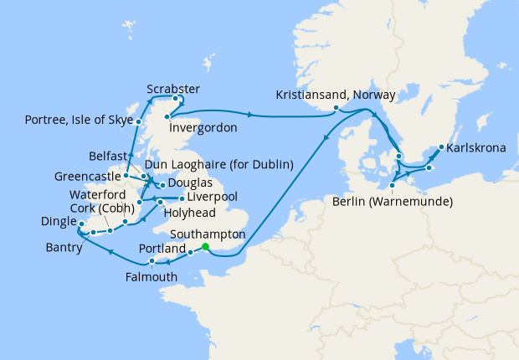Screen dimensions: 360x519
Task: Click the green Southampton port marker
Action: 205,246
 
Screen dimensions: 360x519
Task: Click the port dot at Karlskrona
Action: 440,151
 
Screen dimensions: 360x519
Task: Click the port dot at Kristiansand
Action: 336,107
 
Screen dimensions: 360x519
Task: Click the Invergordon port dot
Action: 168,116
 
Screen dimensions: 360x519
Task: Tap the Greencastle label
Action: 85,177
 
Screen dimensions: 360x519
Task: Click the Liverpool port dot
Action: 182,198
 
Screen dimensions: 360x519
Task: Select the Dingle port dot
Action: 81,223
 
